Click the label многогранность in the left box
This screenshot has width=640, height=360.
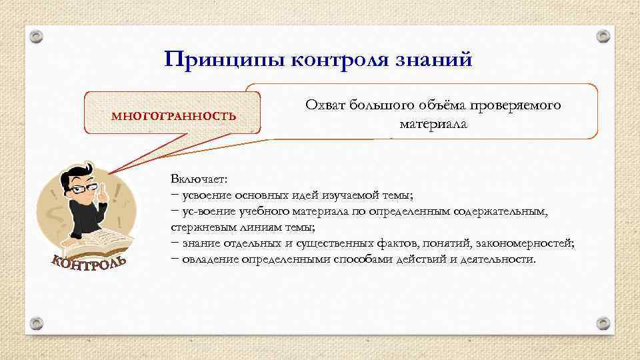point(173,115)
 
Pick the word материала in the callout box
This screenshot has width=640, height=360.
point(433,124)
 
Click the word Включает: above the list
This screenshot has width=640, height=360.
point(199,180)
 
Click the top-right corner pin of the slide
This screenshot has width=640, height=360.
point(603,35)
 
